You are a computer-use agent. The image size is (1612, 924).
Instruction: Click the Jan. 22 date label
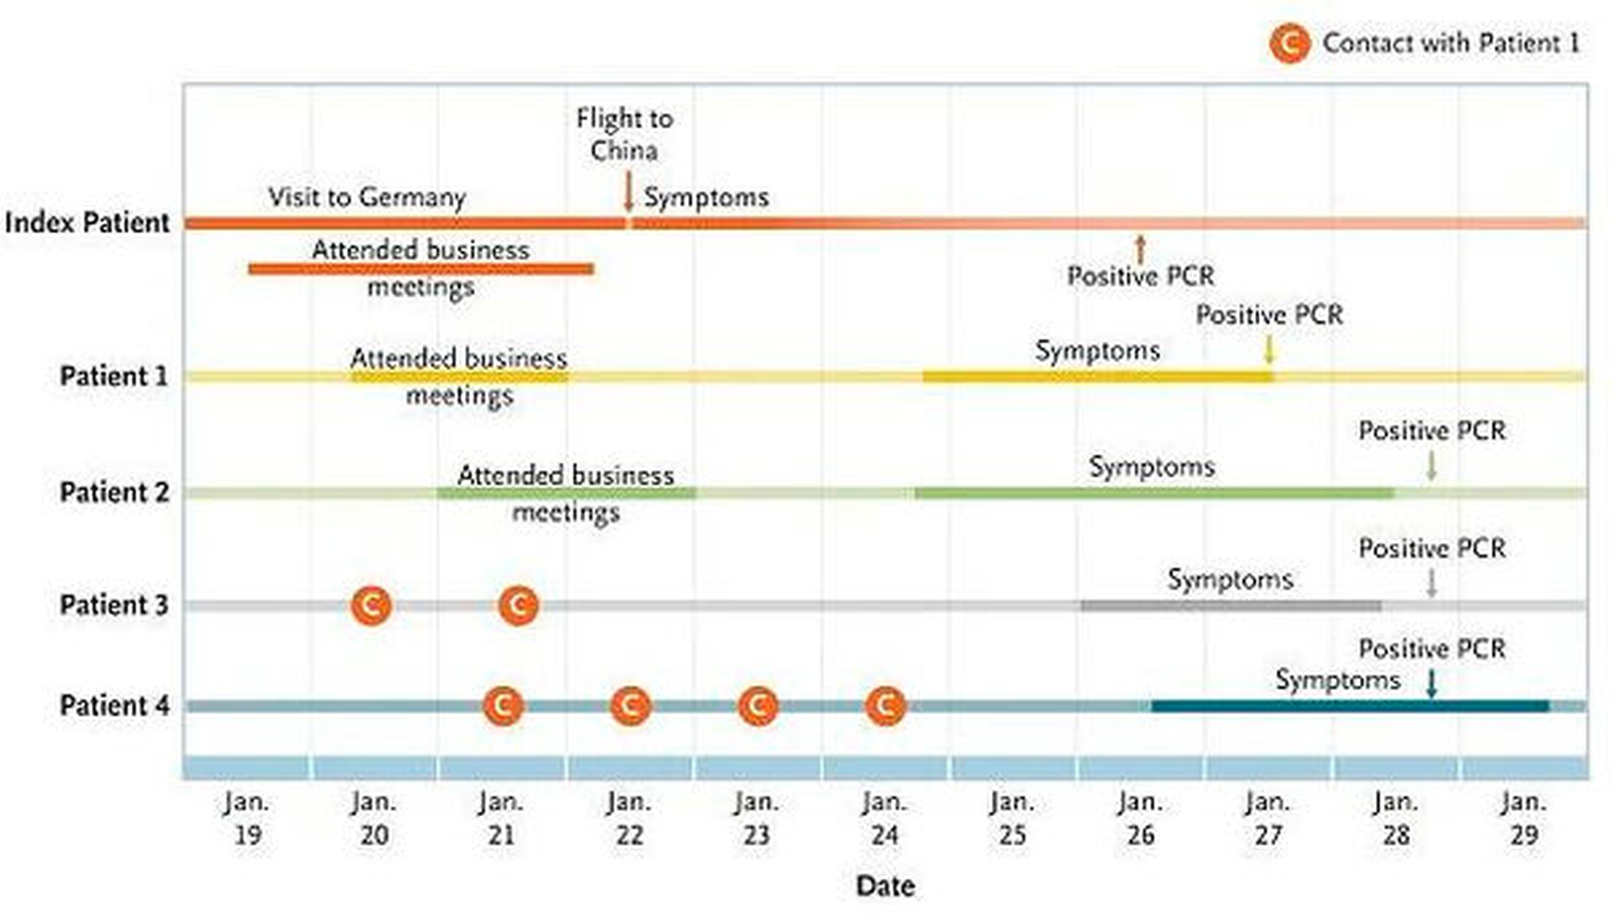coord(629,819)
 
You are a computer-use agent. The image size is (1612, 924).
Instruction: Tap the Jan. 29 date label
coord(1524,819)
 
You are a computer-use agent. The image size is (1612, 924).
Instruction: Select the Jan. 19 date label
coord(247,819)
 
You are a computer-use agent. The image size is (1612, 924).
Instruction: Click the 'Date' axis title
coord(885,887)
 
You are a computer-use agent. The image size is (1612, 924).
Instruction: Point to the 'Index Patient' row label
coord(87,223)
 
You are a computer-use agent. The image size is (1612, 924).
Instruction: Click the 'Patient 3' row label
coord(114,606)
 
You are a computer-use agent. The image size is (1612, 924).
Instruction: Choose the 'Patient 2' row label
coord(114,493)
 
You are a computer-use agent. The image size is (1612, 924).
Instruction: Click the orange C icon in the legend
coord(1290,43)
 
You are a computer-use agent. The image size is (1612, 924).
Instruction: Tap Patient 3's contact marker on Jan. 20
coord(372,606)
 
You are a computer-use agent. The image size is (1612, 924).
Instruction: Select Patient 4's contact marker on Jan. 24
coord(886,706)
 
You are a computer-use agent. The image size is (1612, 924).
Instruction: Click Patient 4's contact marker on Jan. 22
coord(630,706)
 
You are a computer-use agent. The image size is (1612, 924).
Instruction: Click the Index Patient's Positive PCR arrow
coord(1140,249)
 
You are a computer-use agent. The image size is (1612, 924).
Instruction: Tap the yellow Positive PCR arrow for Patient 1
coord(1269,350)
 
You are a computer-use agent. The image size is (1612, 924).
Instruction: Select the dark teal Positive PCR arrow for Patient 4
coord(1432,683)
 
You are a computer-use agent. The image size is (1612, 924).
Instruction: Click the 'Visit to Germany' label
coord(367,198)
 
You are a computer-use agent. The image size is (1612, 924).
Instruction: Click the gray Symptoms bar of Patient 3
coord(1230,606)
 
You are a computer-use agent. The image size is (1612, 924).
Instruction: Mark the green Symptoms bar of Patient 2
coord(1154,493)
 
